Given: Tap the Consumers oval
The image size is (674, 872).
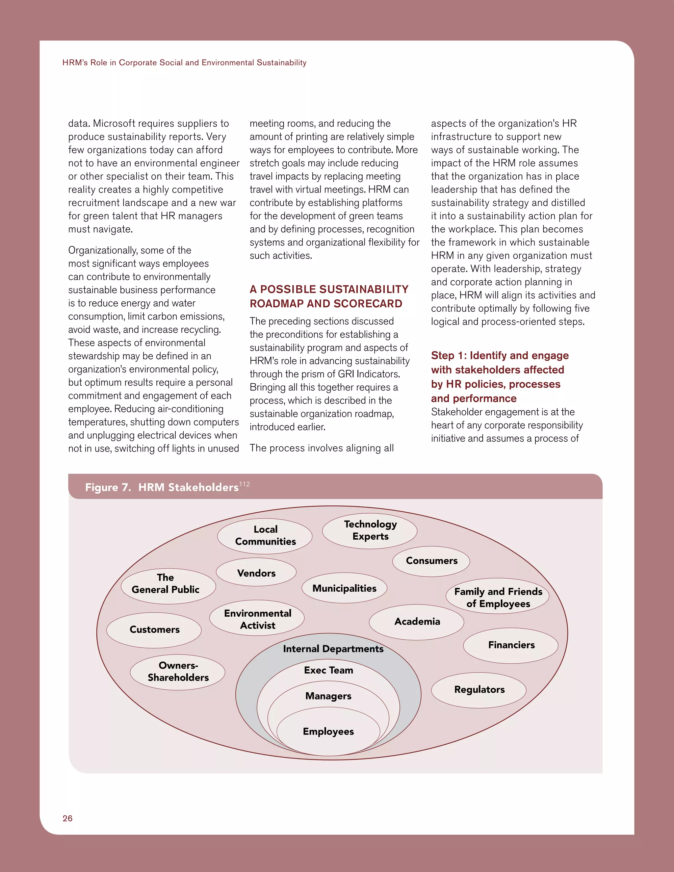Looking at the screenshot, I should pyautogui.click(x=431, y=561).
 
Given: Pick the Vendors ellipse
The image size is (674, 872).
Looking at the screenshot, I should pyautogui.click(x=256, y=573).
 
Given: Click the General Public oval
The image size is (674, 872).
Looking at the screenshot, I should pyautogui.click(x=168, y=584).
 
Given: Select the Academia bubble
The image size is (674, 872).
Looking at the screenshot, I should pyautogui.click(x=417, y=622).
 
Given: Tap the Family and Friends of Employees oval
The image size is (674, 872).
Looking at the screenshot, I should pyautogui.click(x=498, y=598).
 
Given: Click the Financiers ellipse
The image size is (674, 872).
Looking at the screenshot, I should pyautogui.click(x=511, y=645).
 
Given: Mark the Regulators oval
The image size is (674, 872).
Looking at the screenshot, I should pyautogui.click(x=479, y=689).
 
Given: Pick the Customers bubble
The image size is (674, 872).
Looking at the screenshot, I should pyautogui.click(x=154, y=629).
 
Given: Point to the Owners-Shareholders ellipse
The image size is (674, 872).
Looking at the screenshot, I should pyautogui.click(x=178, y=672).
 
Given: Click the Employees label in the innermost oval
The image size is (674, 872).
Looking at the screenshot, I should pyautogui.click(x=328, y=731).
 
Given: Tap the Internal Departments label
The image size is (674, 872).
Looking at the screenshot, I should pyautogui.click(x=333, y=649).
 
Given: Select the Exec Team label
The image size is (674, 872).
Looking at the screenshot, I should pyautogui.click(x=328, y=670).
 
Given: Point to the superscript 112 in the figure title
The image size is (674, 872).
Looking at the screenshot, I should pyautogui.click(x=245, y=484).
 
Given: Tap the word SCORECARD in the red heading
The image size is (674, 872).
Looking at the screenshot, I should pyautogui.click(x=368, y=304).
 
